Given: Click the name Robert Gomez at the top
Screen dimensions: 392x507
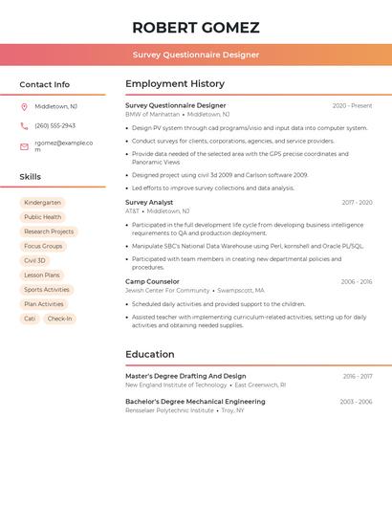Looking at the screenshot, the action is [x=196, y=27].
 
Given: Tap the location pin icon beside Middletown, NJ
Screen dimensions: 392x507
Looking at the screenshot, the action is [x=24, y=106].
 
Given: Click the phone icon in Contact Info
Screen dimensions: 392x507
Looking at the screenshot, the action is [x=24, y=125].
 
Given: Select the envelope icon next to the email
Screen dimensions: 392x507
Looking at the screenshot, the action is [x=24, y=146].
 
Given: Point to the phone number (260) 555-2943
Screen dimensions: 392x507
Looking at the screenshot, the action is [x=54, y=125].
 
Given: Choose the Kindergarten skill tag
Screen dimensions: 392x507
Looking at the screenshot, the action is [x=42, y=203].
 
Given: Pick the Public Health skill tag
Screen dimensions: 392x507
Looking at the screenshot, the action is [x=42, y=217].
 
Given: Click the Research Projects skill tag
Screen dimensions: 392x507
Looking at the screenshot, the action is [x=49, y=231].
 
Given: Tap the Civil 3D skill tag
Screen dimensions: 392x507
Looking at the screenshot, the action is [x=34, y=260].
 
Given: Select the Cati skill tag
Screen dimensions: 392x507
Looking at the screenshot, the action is [x=30, y=319].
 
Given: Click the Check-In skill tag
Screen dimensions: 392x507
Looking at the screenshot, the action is [x=59, y=319].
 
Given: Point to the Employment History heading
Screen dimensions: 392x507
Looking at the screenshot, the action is [x=175, y=84].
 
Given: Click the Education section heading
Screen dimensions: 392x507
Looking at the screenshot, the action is [x=150, y=354].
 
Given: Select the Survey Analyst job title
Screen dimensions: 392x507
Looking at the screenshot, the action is [x=149, y=202].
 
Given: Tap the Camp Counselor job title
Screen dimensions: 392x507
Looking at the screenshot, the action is [x=152, y=281].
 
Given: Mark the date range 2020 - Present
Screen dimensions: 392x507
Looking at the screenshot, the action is [x=352, y=105].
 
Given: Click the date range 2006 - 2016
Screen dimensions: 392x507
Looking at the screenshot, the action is [x=356, y=281].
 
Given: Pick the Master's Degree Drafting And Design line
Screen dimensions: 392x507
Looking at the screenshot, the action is [x=185, y=376].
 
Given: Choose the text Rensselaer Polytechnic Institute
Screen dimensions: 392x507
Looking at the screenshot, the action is [x=169, y=410].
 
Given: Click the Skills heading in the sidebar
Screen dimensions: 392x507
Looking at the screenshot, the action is [x=31, y=177].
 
